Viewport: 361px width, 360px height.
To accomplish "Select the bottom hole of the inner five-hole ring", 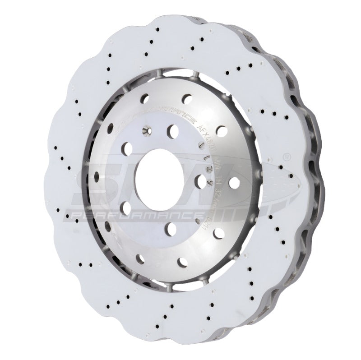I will [170, 229].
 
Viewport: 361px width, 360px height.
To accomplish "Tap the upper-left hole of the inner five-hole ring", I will [126, 149].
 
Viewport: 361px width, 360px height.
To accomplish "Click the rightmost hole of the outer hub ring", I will [234, 183].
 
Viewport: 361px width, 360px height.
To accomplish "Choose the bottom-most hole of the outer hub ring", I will [182, 262].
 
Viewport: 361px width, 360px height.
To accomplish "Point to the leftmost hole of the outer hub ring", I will [96, 176].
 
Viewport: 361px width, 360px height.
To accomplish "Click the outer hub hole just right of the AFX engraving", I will [222, 131].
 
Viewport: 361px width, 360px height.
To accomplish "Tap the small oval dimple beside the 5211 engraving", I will [197, 221].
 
